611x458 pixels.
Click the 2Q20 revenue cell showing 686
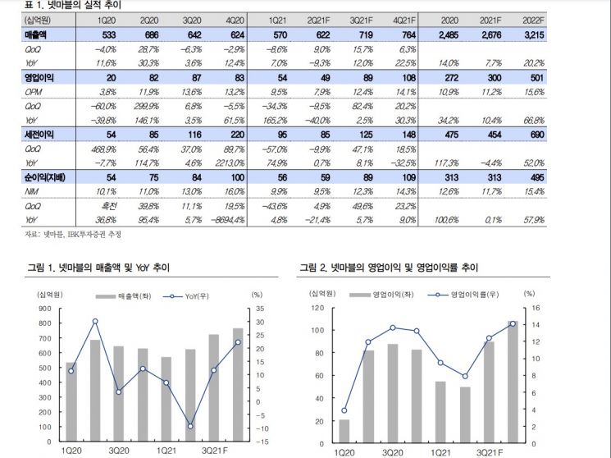[x=152, y=35]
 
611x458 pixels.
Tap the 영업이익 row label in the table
[x=39, y=78]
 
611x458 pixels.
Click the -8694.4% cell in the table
[x=227, y=220]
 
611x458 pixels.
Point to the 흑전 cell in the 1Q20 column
[x=109, y=206]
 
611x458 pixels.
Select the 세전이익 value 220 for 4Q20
[x=237, y=135]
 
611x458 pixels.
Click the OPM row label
[x=33, y=92]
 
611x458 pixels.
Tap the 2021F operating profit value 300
[x=494, y=78]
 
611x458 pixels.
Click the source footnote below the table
[x=73, y=234]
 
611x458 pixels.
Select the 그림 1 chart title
[x=98, y=268]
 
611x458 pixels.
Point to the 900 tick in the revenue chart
[x=45, y=309]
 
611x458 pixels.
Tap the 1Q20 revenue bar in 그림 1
[x=71, y=402]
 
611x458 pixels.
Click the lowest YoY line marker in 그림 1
[x=190, y=427]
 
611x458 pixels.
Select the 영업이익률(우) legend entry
[x=463, y=295]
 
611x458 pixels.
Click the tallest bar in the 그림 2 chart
[x=513, y=382]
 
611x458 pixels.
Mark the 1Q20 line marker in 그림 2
[x=344, y=410]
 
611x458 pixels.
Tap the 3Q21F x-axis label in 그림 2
[x=490, y=452]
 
